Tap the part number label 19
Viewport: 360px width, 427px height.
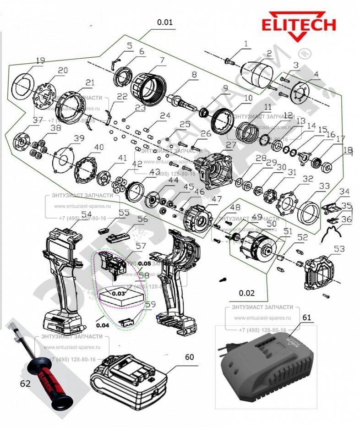(x=40, y=60)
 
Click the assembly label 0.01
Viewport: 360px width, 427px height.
(x=165, y=22)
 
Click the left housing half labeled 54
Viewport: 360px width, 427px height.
(x=64, y=275)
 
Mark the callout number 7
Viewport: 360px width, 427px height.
(x=149, y=60)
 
